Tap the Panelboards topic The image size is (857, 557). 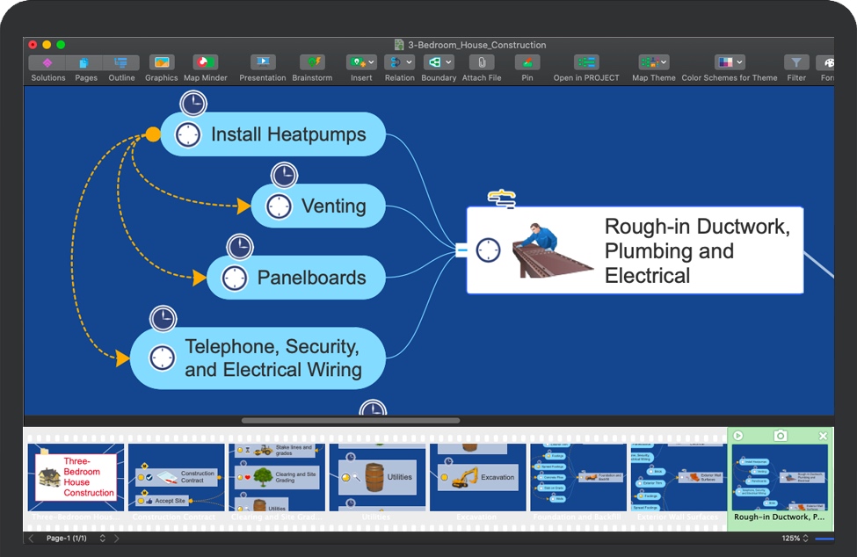(311, 278)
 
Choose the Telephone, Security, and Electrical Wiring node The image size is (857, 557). (272, 358)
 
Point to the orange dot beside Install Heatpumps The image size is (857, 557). (153, 134)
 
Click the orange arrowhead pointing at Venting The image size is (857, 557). (243, 206)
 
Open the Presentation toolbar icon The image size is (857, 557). (262, 63)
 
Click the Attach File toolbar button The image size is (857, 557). (481, 63)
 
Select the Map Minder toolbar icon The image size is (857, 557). (205, 63)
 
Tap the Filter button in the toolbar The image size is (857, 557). (795, 63)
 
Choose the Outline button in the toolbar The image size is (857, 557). (121, 63)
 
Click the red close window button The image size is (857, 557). (33, 45)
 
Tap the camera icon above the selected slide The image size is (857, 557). (780, 436)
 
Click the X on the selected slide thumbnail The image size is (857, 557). (823, 436)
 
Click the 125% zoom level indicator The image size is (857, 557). (791, 538)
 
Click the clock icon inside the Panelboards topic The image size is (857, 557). (234, 278)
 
